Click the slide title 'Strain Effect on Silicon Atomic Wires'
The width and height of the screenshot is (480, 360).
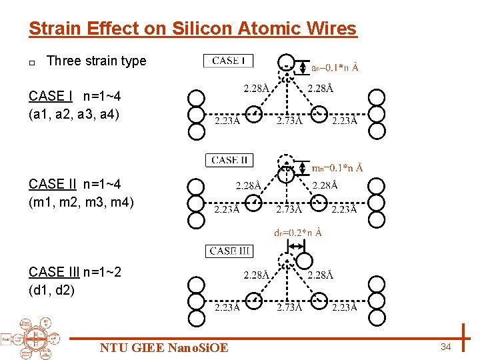[193, 29]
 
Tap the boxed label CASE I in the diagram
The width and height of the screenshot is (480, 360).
[228, 61]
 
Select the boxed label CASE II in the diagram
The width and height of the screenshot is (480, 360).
[229, 160]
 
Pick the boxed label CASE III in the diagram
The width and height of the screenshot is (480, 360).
[229, 251]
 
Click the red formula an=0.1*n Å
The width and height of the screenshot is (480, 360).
[335, 67]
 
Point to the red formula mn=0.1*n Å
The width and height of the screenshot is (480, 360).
[337, 167]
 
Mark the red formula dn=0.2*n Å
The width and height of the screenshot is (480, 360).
[298, 233]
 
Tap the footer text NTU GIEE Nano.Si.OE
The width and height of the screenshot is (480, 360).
[164, 347]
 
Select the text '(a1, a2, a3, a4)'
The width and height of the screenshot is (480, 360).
[74, 114]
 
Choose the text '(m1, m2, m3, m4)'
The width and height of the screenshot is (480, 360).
[81, 201]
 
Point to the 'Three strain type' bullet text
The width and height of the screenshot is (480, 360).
[97, 61]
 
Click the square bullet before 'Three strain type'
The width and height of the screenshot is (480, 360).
[32, 62]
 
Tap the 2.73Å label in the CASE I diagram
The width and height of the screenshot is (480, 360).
[289, 121]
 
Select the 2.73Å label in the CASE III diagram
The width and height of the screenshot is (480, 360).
[289, 307]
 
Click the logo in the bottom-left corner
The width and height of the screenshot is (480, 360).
[30, 336]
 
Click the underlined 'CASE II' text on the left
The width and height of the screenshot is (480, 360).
[52, 184]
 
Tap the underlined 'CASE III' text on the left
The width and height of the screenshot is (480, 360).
[54, 272]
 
